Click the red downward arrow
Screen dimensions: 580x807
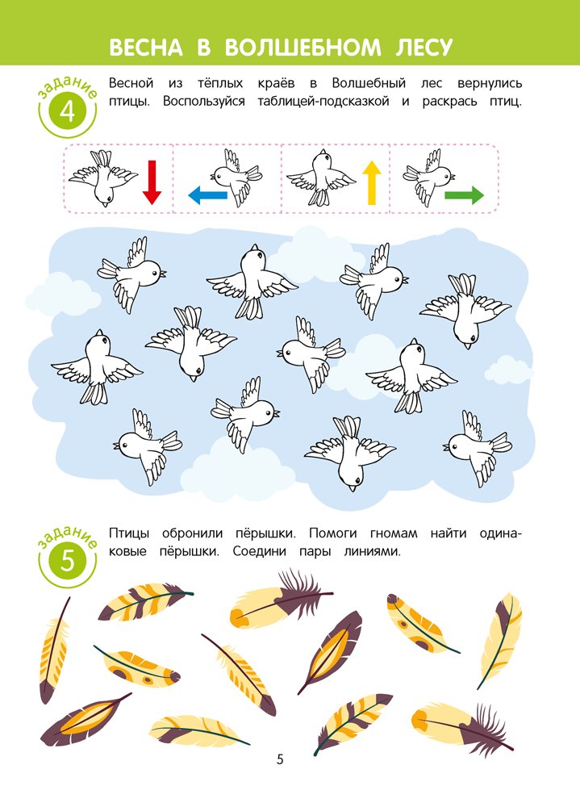(152, 182)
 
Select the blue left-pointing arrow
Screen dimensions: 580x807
(208, 195)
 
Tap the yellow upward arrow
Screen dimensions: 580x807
(372, 182)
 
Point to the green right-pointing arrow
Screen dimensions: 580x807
(464, 195)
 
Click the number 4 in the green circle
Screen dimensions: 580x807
(68, 110)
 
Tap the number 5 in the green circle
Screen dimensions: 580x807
(68, 561)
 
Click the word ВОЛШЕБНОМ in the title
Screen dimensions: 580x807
(303, 48)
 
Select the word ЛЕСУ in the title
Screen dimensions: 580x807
(424, 48)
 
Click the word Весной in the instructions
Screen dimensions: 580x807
(131, 83)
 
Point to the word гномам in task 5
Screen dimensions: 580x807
(394, 533)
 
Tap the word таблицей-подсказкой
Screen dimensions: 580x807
(323, 102)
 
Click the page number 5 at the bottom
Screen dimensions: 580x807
(280, 759)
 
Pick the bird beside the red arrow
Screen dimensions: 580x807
(103, 178)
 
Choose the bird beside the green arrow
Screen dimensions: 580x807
(428, 178)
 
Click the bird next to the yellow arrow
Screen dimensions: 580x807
(320, 178)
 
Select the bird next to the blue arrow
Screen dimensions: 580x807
(236, 178)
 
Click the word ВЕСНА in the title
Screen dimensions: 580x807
(146, 48)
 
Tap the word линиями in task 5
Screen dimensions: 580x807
(372, 552)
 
